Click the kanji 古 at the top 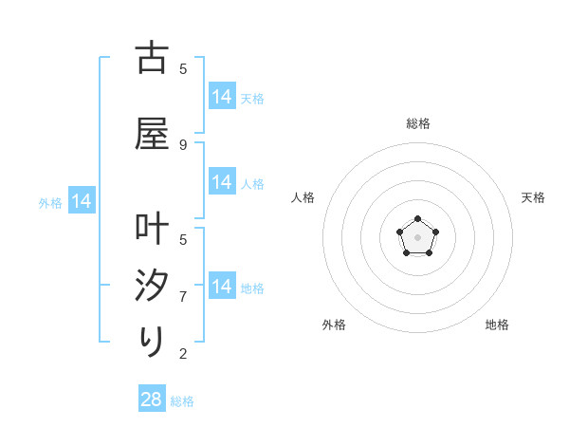152,58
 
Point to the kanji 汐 152,286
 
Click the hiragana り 152,341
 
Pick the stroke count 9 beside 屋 183,144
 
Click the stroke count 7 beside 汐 183,296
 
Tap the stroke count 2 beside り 183,354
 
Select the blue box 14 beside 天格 222,97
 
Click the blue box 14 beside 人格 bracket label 222,182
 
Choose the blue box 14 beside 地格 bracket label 222,287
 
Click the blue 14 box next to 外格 81,201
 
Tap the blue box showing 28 152,400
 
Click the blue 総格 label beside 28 182,401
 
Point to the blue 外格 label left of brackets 50,202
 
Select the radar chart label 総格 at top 417,123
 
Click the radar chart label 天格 533,197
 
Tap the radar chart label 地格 497,325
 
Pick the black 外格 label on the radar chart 334,325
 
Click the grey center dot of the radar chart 417,236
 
